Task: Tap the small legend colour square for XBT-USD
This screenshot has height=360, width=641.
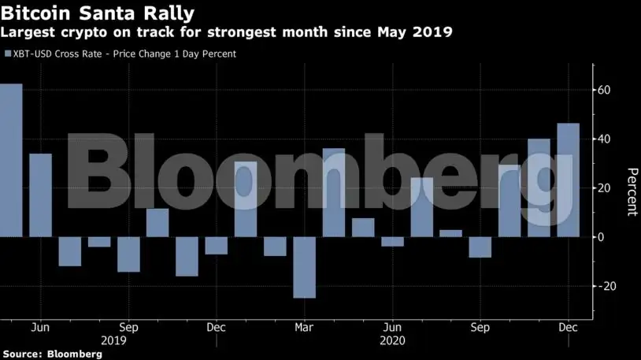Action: (x=7, y=54)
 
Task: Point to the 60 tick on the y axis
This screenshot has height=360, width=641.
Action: (x=605, y=91)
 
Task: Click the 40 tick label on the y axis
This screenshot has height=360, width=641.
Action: (x=605, y=139)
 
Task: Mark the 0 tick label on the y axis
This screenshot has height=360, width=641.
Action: (x=602, y=237)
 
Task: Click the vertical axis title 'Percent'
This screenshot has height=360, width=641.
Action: (x=631, y=191)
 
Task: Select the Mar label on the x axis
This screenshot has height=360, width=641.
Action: (x=305, y=328)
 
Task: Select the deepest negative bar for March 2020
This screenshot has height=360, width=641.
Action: (x=304, y=267)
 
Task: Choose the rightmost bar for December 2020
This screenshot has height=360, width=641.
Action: (x=568, y=180)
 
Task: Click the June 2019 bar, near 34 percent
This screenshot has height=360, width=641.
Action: (x=41, y=195)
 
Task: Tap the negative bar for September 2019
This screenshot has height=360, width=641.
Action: (x=128, y=254)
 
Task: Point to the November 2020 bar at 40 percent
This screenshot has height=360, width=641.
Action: (x=539, y=187)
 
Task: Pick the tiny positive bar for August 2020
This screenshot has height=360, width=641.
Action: (x=450, y=233)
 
